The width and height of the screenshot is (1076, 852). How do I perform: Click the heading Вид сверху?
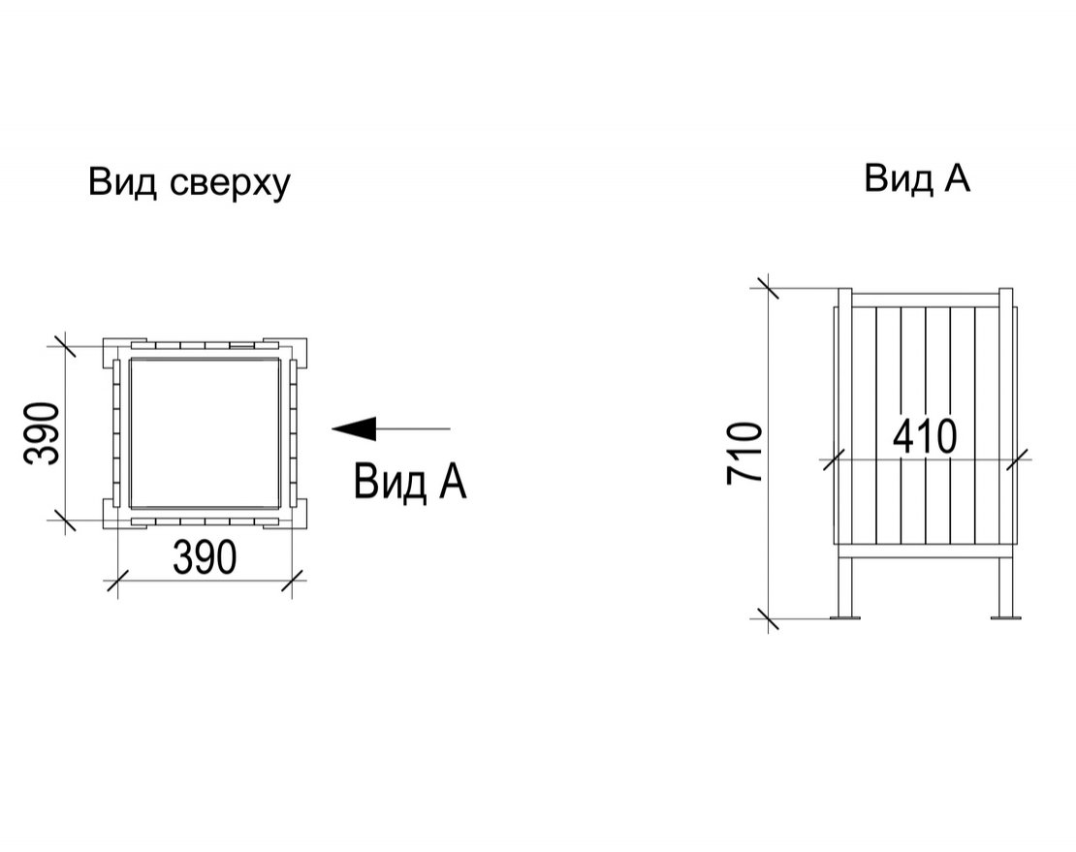[x=189, y=183]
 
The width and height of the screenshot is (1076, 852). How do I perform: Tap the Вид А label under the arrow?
[x=410, y=482]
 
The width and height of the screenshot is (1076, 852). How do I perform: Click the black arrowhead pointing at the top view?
[x=354, y=428]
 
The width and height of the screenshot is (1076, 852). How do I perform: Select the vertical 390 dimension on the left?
[x=41, y=433]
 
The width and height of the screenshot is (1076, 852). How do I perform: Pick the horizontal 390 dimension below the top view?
[x=205, y=557]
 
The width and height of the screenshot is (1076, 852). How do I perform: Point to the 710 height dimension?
[x=744, y=453]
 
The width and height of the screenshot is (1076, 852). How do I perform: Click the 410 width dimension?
[x=925, y=435]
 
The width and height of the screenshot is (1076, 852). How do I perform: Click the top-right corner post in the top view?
[x=292, y=350]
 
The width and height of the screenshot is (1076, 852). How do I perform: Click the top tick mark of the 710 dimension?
[x=768, y=287]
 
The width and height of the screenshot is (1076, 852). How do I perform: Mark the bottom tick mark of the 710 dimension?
[x=768, y=618]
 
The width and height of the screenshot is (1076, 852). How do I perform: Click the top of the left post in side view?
[x=844, y=290]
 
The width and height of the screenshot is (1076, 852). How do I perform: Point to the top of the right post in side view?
[x=1006, y=290]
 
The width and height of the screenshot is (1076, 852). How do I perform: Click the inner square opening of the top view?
[x=205, y=433]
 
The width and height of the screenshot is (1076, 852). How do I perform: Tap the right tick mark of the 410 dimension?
[x=1017, y=458]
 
